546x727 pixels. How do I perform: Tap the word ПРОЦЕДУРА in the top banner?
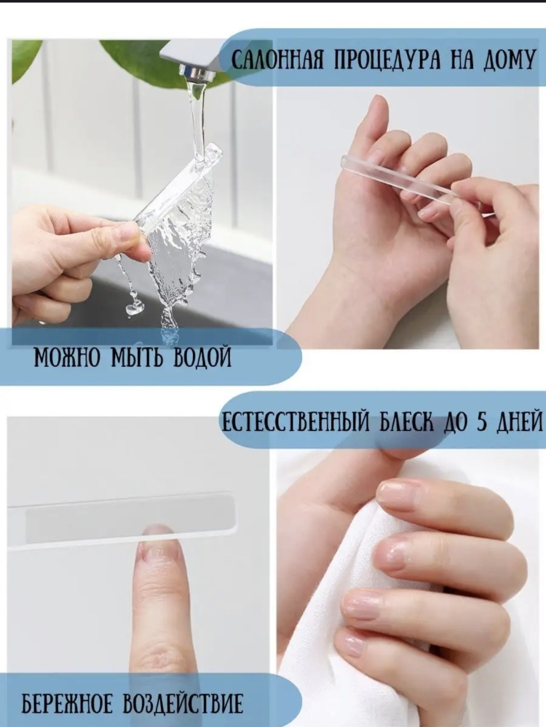pyautogui.click(x=388, y=60)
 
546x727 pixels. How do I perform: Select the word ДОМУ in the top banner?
pyautogui.click(x=509, y=60)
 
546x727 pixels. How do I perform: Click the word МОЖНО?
pyautogui.click(x=66, y=358)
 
